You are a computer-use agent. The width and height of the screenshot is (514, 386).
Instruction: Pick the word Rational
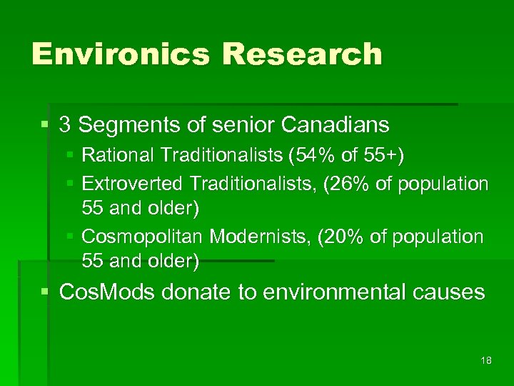coord(119,154)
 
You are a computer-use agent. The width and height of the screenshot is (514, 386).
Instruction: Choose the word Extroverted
coord(133,184)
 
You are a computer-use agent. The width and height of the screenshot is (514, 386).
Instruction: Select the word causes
coord(451,292)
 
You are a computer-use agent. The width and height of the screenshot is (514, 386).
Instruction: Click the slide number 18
coord(486,361)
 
